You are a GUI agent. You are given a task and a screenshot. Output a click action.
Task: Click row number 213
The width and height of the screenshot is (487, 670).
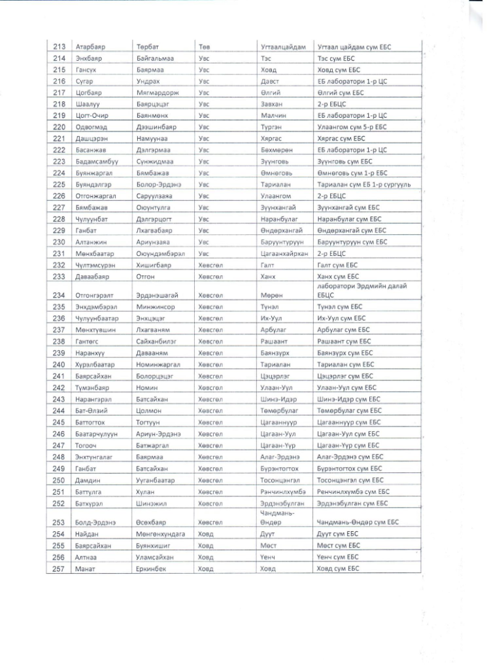pyautogui.click(x=58, y=48)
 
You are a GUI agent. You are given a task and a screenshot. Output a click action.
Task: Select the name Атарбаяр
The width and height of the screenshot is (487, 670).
pyautogui.click(x=91, y=48)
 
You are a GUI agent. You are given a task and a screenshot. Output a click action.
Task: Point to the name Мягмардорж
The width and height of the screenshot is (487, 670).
pyautogui.click(x=158, y=92)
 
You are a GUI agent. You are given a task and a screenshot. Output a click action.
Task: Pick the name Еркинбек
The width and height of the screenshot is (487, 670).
pyautogui.click(x=152, y=569)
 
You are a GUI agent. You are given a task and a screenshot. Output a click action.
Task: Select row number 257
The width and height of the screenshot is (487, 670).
pyautogui.click(x=58, y=569)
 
